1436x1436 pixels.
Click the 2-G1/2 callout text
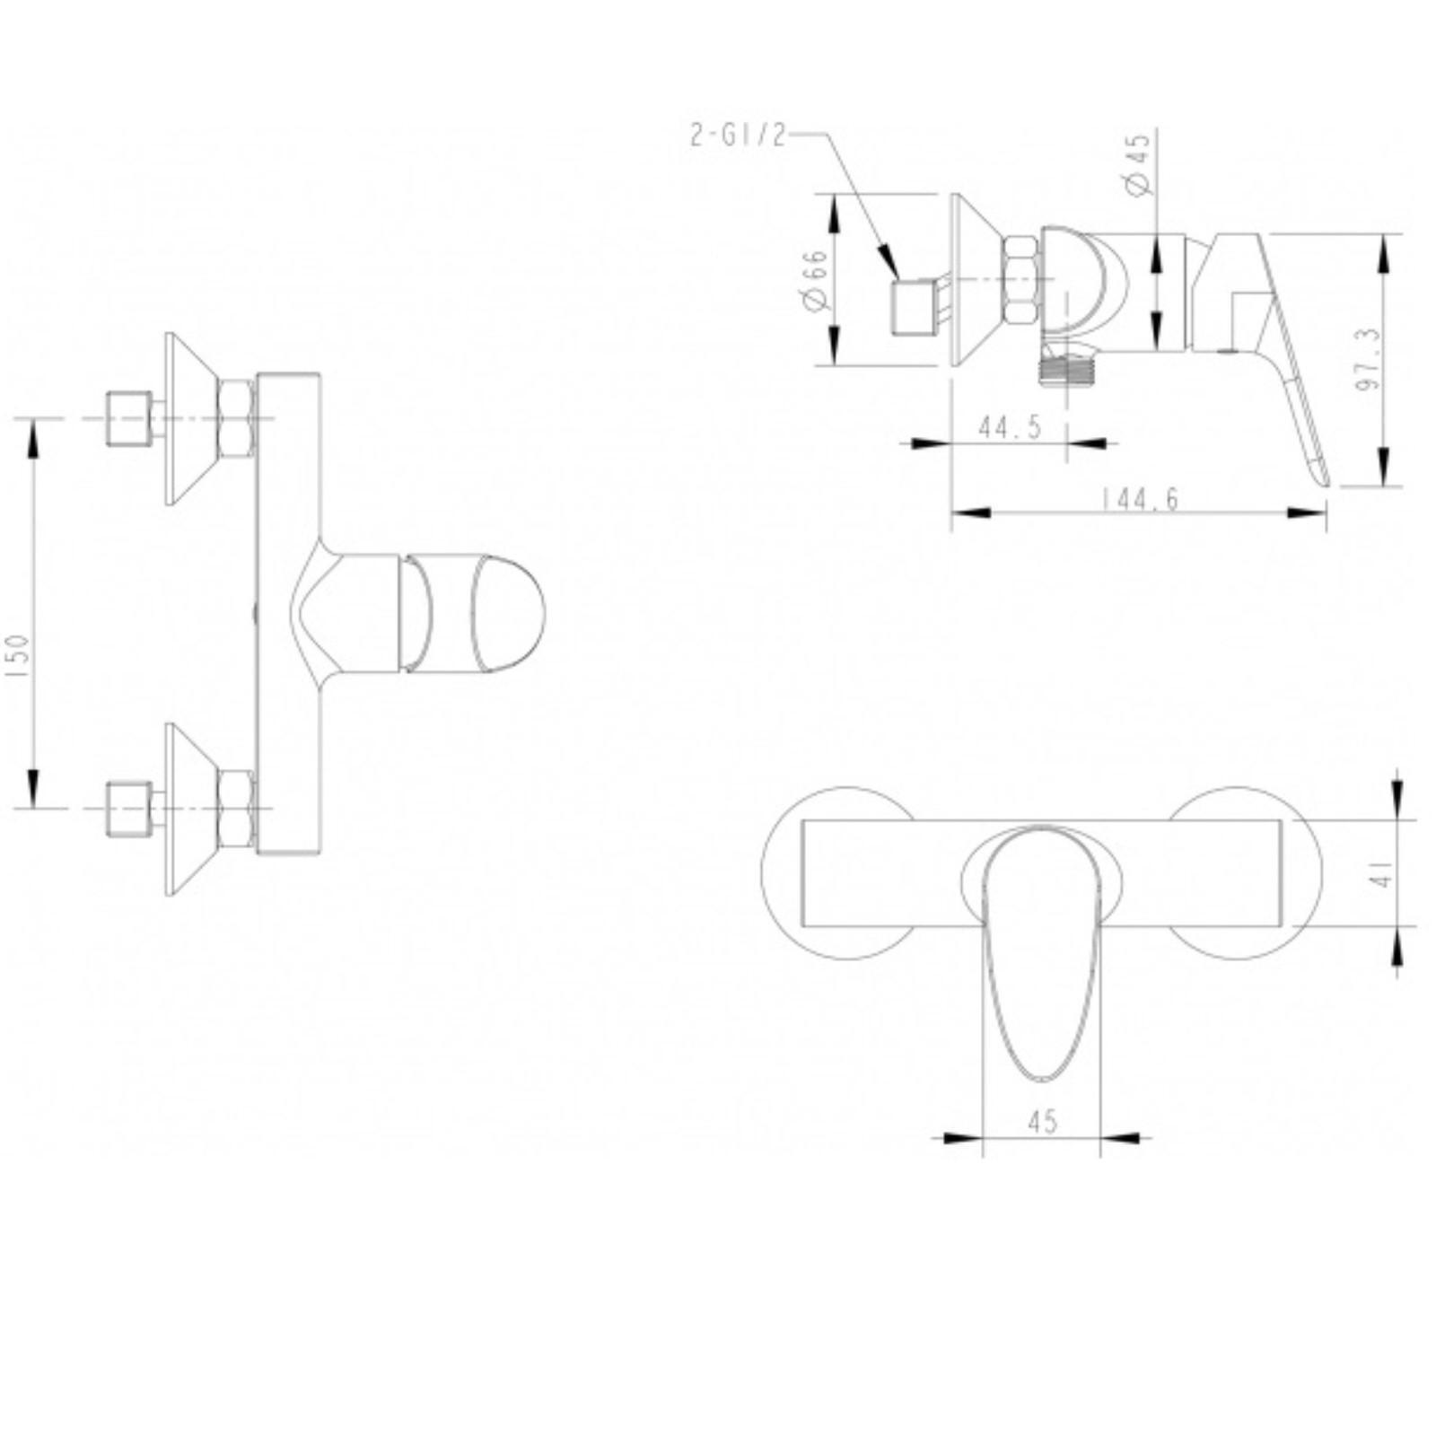[737, 136]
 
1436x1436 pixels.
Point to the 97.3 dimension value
[1368, 359]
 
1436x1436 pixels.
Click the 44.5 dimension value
[1010, 428]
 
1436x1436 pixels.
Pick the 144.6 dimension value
[1140, 500]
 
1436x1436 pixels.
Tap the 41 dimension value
[1386, 871]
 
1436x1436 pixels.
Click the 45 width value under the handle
[1042, 1121]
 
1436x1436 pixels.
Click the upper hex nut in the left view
[235, 419]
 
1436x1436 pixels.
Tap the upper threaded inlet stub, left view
[125, 418]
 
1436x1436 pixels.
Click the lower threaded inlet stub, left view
[125, 809]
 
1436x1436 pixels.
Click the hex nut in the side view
[1021, 279]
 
